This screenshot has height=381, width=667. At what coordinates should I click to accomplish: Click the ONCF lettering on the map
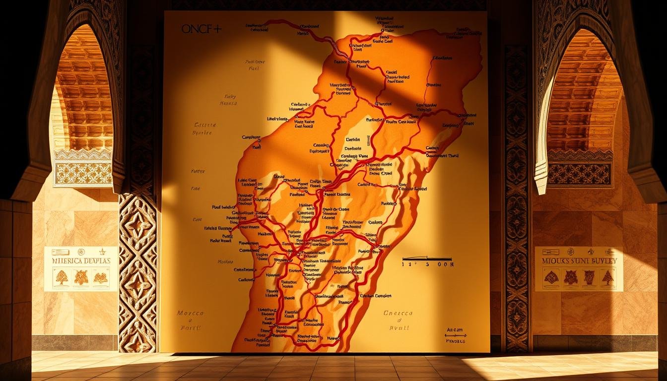[x=197, y=29]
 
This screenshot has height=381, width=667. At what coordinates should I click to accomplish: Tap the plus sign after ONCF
[x=217, y=29]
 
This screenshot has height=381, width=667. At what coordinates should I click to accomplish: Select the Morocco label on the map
[x=190, y=314]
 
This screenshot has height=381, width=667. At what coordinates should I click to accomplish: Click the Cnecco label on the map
[x=398, y=314]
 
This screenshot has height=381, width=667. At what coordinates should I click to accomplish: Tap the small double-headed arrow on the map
[x=456, y=335]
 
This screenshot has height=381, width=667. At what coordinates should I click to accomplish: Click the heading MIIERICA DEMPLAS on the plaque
[x=81, y=261]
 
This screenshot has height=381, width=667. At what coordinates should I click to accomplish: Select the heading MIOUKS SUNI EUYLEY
[x=579, y=261]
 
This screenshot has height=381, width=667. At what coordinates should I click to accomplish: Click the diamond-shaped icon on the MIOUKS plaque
[x=551, y=277]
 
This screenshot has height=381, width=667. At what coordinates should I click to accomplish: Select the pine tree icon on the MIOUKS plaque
[x=608, y=277]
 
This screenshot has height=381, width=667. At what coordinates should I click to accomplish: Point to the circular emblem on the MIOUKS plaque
[x=570, y=252]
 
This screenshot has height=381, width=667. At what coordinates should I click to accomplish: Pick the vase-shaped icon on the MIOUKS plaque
[x=589, y=277]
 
